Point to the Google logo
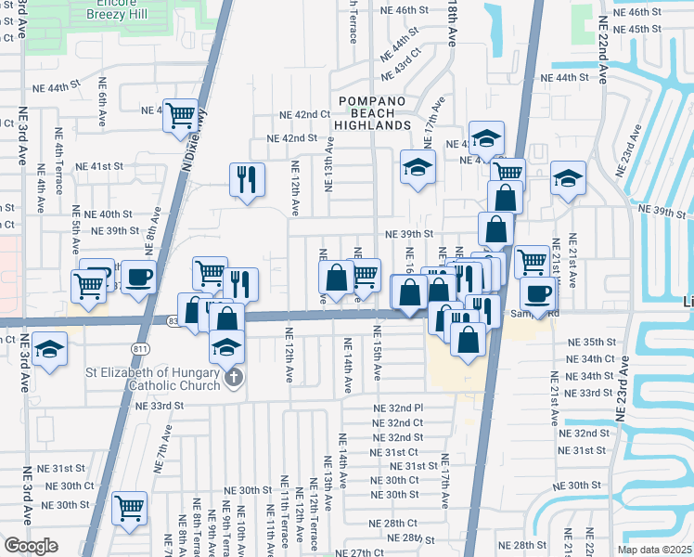[x=31, y=546]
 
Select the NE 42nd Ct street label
[x=305, y=114]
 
